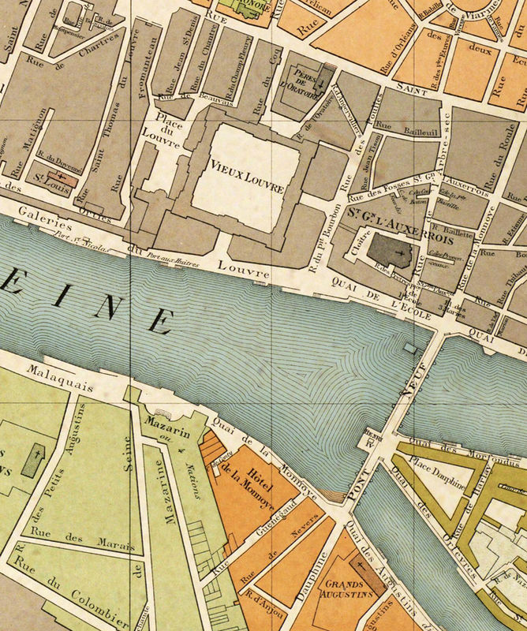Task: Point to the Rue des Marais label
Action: click(72, 543)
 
